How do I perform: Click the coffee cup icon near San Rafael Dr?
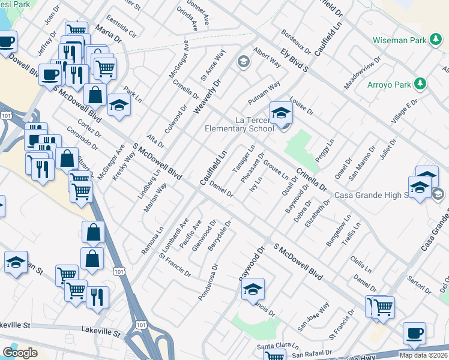414,333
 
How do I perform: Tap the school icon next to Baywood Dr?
253,290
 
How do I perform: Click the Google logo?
20,353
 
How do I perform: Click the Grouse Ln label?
277,168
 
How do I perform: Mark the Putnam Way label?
264,94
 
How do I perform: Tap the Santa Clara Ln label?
277,346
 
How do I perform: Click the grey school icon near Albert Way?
243,62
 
